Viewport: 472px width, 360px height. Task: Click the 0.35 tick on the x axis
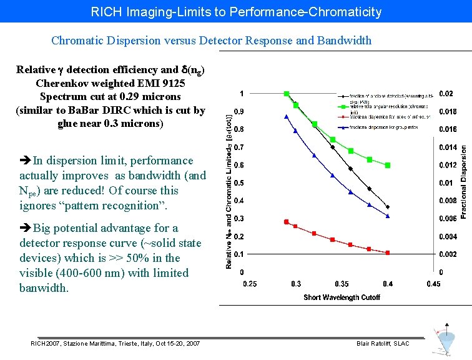pyautogui.click(x=342, y=284)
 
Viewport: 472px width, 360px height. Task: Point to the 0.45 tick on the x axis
pyautogui.click(x=433, y=284)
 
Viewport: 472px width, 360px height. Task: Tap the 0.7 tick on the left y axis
pyautogui.click(x=238, y=147)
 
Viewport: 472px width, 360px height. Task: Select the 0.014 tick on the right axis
pyautogui.click(x=448, y=147)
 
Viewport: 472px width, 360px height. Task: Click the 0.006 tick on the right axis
pyautogui.click(x=448, y=219)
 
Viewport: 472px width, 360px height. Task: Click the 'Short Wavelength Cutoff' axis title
pyautogui.click(x=342, y=297)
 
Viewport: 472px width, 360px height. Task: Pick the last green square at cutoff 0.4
pyautogui.click(x=388, y=166)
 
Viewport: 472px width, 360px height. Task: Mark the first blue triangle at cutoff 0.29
pyautogui.click(x=287, y=116)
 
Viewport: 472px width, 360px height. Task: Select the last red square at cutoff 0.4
pyautogui.click(x=388, y=252)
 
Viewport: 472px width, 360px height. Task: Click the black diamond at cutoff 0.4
pyautogui.click(x=388, y=207)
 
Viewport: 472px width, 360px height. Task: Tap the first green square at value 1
pyautogui.click(x=287, y=94)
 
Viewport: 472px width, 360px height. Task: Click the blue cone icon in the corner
pyautogui.click(x=446, y=341)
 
